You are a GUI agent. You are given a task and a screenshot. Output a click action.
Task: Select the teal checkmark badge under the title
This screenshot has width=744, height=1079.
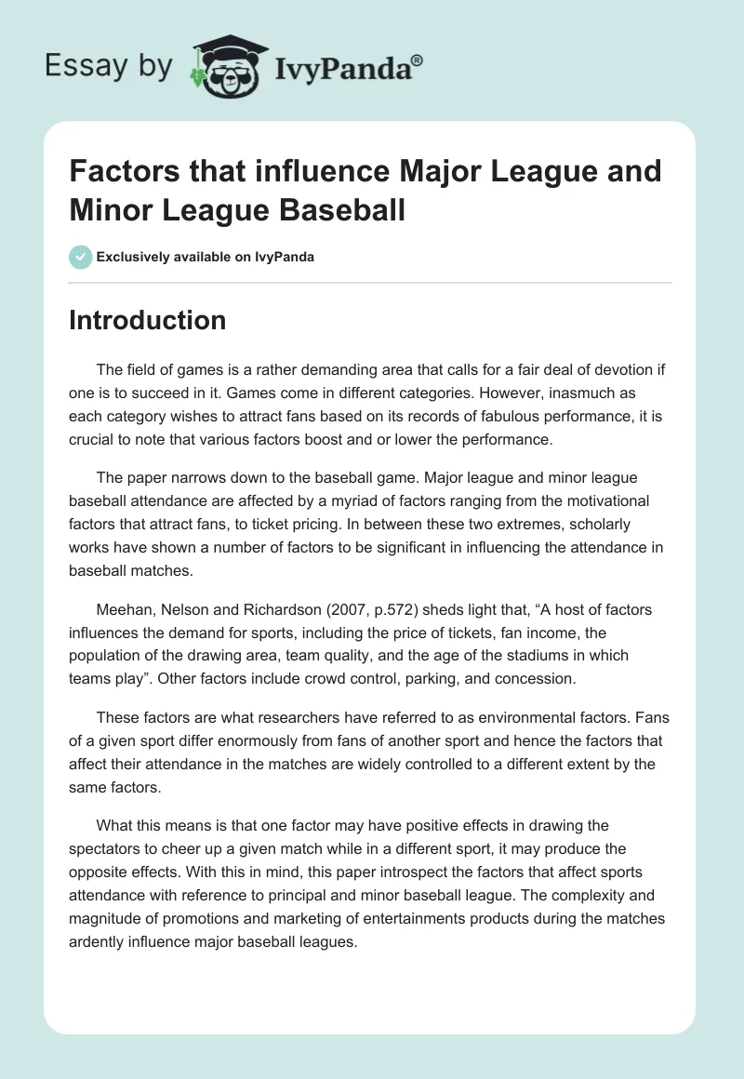81,257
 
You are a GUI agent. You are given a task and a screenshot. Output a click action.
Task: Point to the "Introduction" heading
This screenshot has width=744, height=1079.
148,320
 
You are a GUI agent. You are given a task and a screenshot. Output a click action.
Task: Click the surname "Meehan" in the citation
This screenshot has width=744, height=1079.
126,610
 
